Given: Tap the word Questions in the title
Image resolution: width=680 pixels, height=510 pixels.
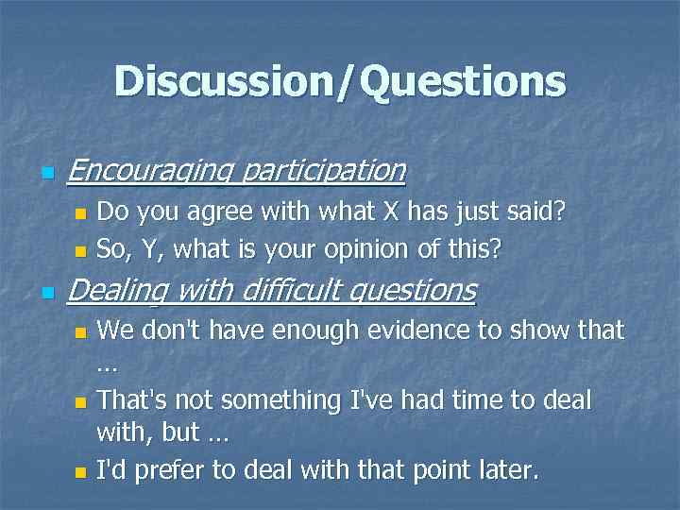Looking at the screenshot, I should coord(463,81).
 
